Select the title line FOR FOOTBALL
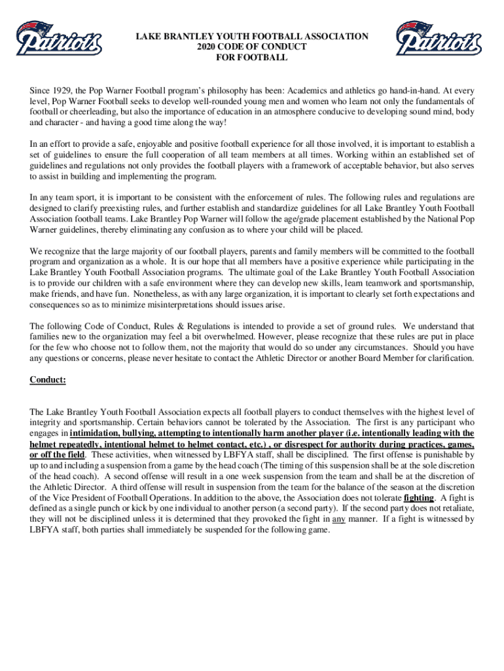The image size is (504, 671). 252,58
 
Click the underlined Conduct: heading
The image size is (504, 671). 48,379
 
